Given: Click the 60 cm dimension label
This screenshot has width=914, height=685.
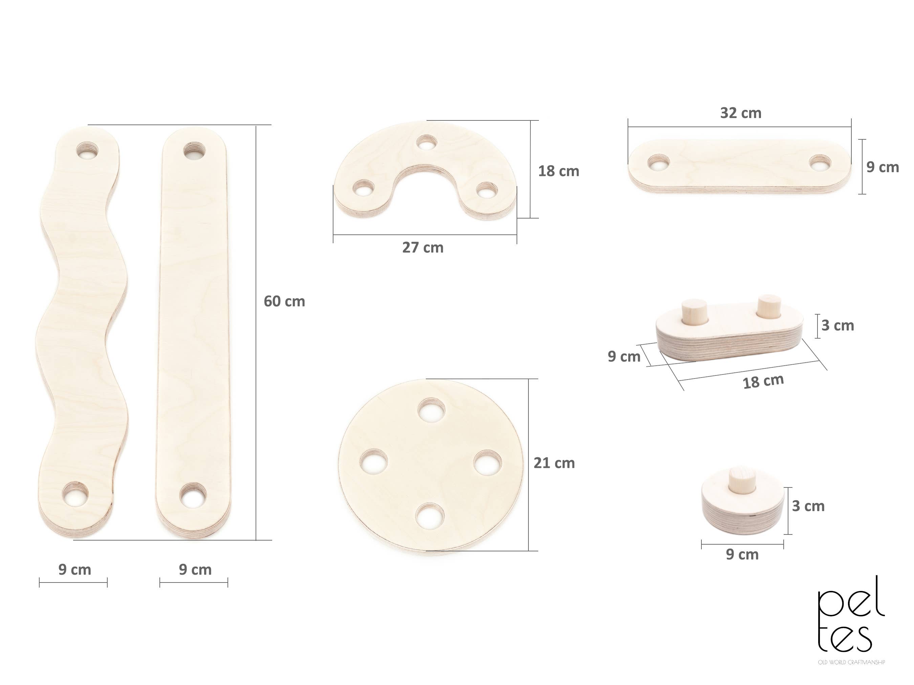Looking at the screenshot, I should pos(284,301).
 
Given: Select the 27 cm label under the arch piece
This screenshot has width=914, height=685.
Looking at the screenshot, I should pos(423,248).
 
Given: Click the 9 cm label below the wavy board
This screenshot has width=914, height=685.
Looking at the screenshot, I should pos(74,570).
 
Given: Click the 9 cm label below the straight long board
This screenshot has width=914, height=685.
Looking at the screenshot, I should pos(195,570).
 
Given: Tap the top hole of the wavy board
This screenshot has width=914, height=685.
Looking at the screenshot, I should pos(88,151).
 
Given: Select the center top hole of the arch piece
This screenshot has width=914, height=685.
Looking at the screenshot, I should pos(427,143).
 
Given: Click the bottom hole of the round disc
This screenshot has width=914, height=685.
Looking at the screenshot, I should pos(430,516).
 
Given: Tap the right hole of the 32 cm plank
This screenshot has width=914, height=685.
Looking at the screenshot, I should pos(819,163).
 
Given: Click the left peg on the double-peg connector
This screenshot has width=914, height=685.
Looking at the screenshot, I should pos(695,313).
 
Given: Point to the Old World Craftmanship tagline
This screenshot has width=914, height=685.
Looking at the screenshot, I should pos(851,662).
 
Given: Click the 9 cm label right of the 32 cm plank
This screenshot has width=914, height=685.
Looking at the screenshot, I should pos(882,167).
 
